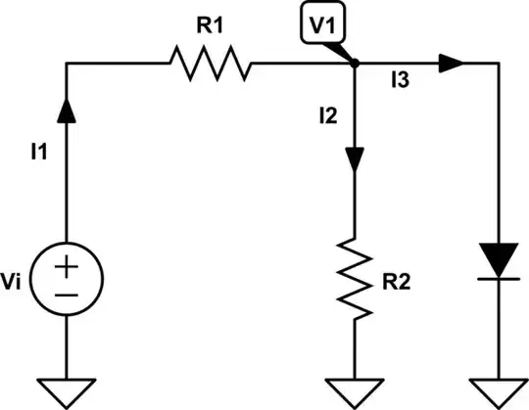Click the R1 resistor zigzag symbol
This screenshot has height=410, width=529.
click(209, 65)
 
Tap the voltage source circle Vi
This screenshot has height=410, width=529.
click(67, 280)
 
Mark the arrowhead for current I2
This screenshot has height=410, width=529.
click(354, 159)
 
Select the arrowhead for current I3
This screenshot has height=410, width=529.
click(451, 65)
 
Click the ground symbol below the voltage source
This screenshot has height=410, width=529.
click(67, 390)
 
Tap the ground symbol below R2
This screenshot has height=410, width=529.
click(354, 390)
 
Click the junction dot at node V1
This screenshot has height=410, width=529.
click(354, 65)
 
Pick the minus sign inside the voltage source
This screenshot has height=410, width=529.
click(67, 294)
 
